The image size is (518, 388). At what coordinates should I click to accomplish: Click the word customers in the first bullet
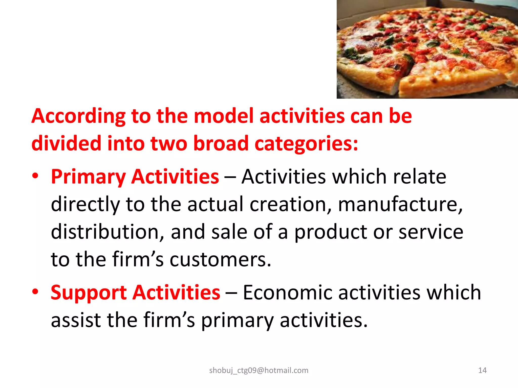pyautogui.click(x=220, y=260)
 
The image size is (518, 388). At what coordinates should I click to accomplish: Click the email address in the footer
pyautogui.click(x=259, y=370)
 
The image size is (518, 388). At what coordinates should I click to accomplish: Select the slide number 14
pyautogui.click(x=482, y=370)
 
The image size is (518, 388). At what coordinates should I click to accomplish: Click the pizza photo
pyautogui.click(x=427, y=49)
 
